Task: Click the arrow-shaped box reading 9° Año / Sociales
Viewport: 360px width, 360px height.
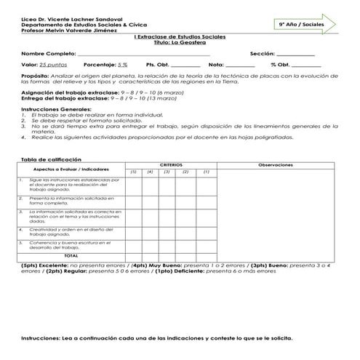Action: click(x=303, y=24)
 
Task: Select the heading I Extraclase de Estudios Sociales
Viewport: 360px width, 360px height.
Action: click(x=180, y=36)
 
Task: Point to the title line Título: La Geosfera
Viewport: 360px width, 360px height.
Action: click(x=180, y=42)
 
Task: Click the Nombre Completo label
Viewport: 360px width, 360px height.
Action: click(x=48, y=54)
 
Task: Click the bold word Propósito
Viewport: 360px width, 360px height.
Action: click(x=35, y=75)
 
